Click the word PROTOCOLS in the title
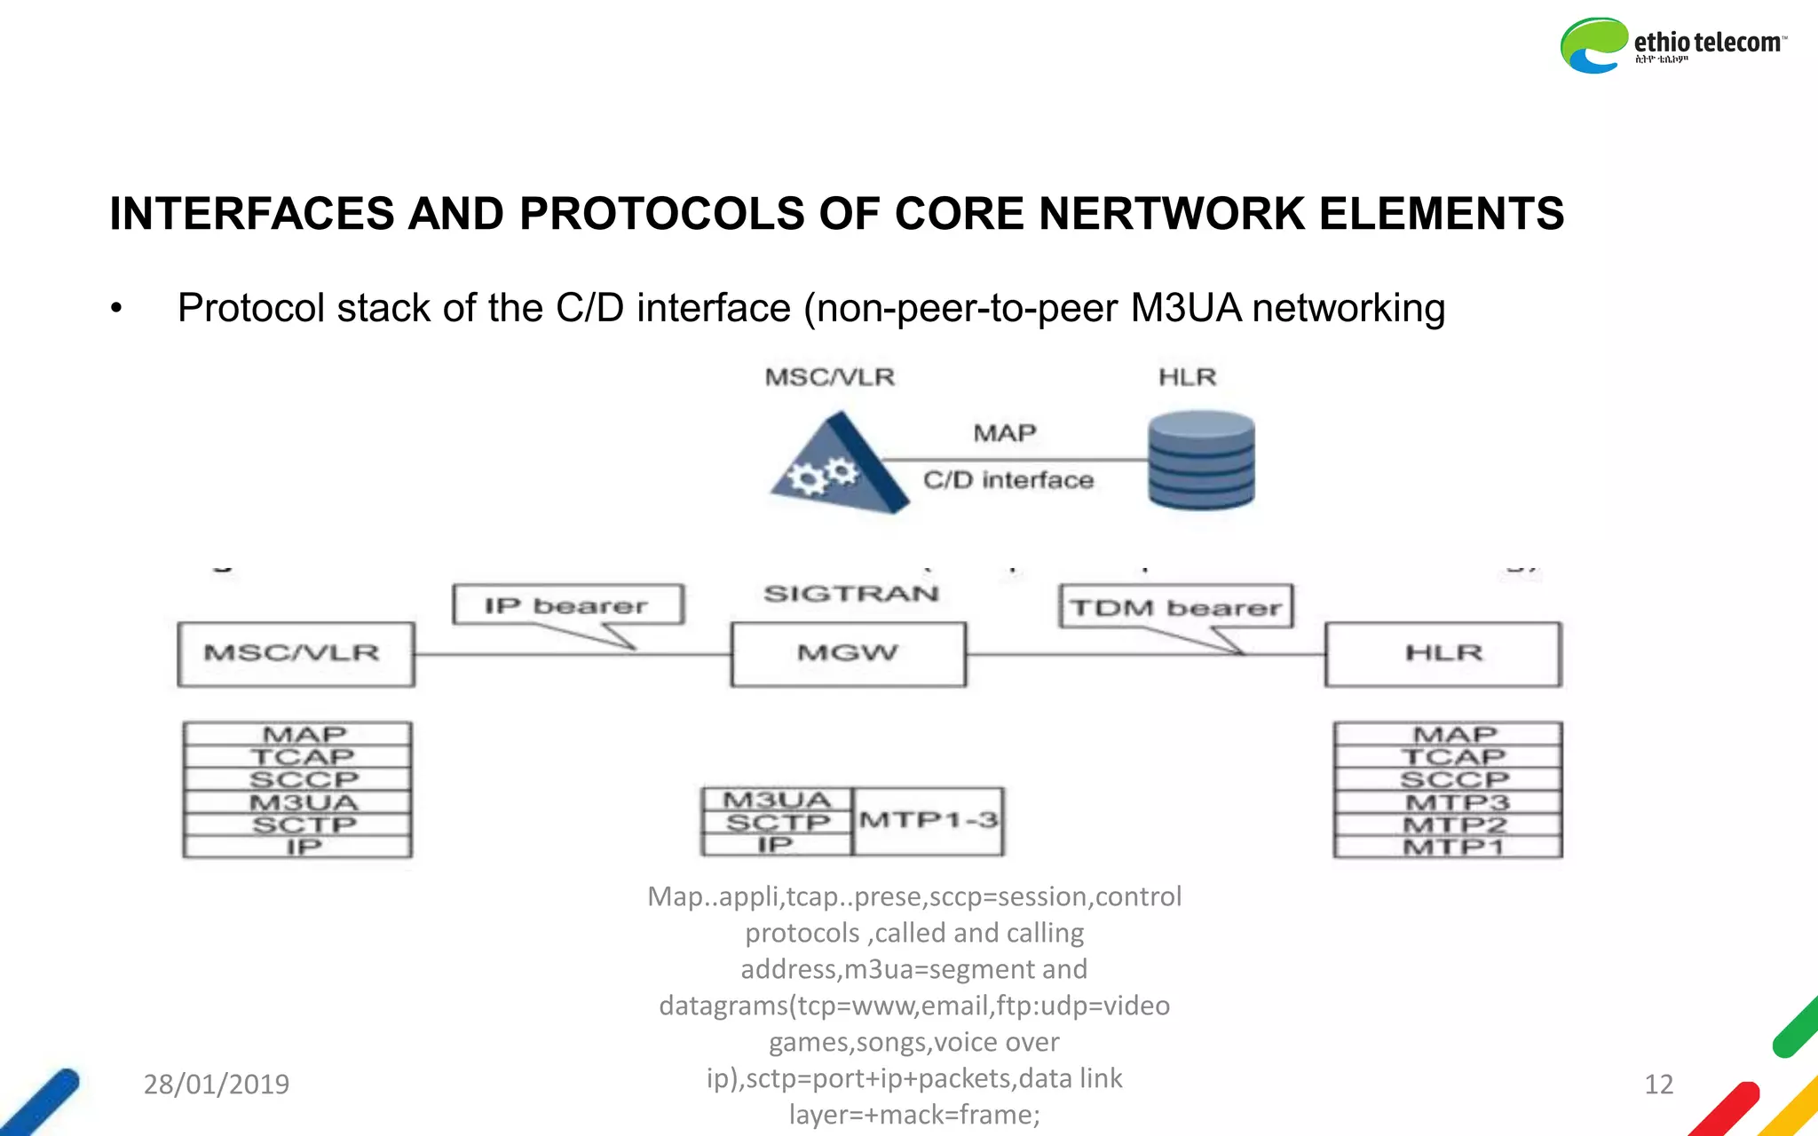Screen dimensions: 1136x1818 [x=660, y=214]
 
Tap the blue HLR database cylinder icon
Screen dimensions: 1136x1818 [x=1201, y=460]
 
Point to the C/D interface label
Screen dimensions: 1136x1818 [x=1008, y=480]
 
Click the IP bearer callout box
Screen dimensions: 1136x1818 [x=568, y=605]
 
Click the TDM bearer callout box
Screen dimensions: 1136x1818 [x=1175, y=607]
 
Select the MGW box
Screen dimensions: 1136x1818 [x=848, y=654]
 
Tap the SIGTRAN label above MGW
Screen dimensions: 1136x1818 [x=850, y=594]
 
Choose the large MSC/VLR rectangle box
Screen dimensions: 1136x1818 [x=296, y=654]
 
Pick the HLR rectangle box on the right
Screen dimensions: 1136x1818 [x=1443, y=654]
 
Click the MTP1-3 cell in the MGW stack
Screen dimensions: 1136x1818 [x=928, y=821]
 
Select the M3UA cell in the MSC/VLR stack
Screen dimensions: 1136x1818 [x=303, y=802]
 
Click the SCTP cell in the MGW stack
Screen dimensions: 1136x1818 [x=777, y=823]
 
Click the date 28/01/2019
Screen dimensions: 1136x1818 [x=217, y=1084]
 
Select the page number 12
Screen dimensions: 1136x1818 [x=1658, y=1084]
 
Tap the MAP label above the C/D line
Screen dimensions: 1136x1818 [x=1004, y=433]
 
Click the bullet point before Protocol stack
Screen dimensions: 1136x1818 [x=116, y=309]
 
